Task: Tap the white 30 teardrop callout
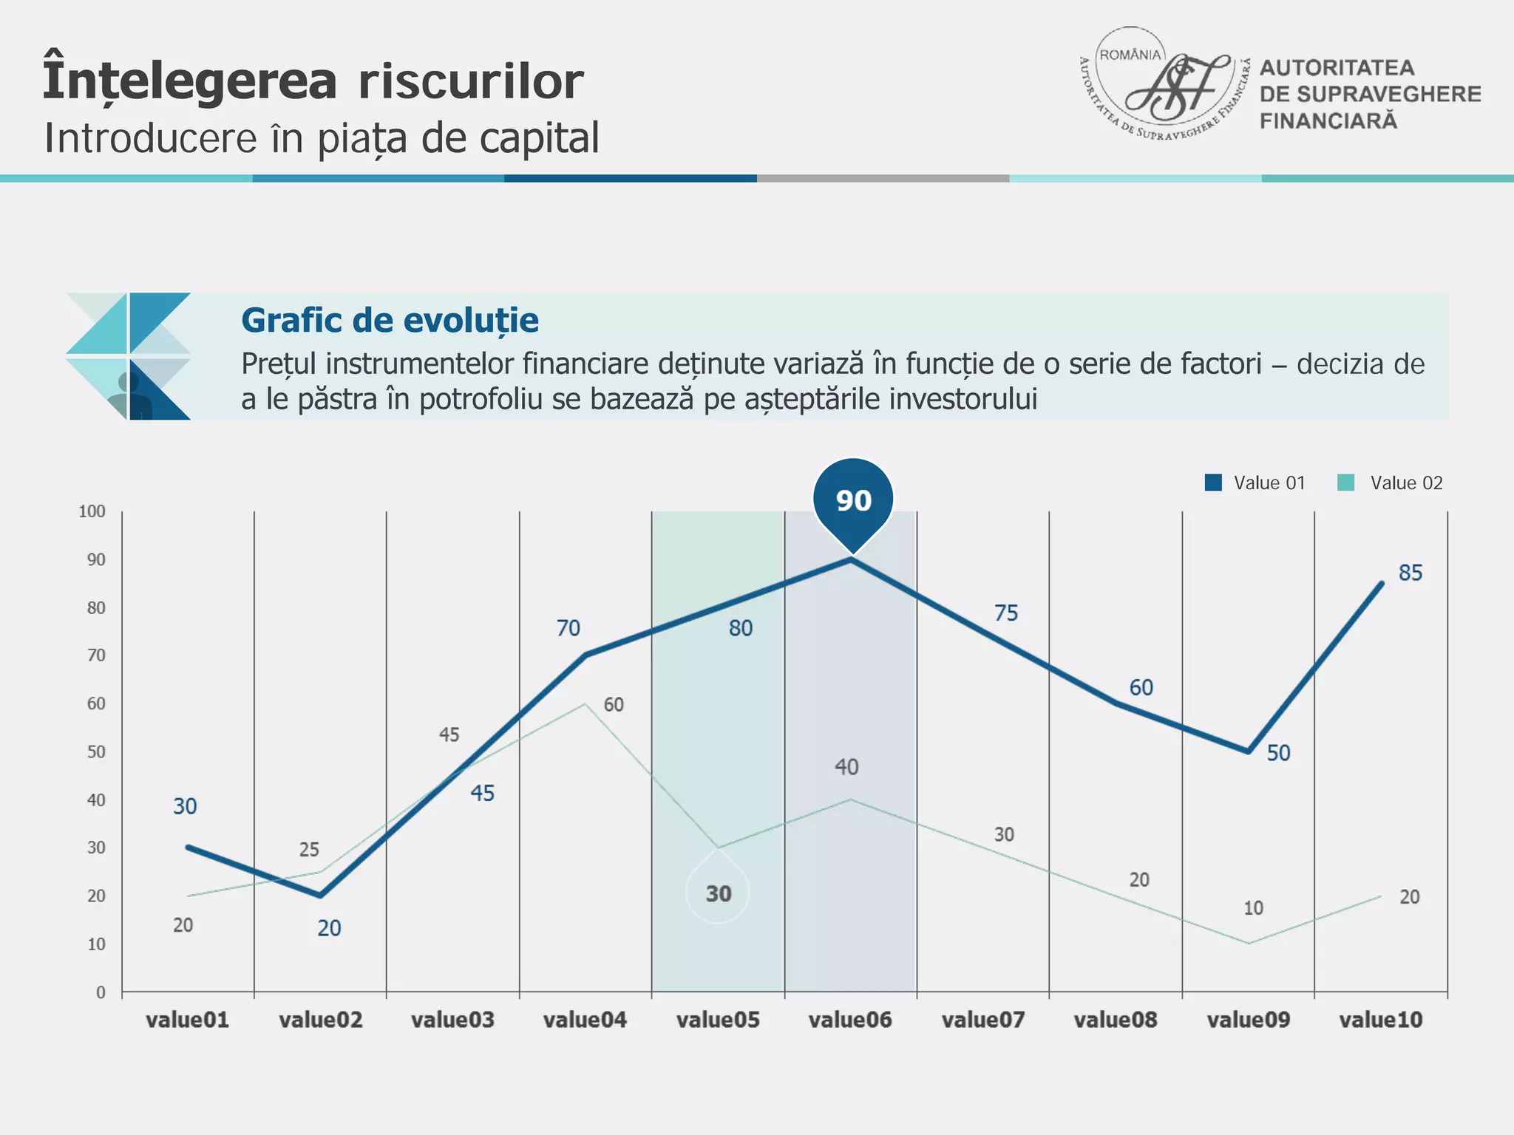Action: pos(718,893)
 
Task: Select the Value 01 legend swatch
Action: pos(1213,483)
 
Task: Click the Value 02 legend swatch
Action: pos(1346,483)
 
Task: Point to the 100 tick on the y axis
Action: pos(92,511)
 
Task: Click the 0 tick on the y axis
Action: pos(101,992)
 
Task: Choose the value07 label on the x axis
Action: pos(983,1020)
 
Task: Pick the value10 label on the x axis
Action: pos(1381,1020)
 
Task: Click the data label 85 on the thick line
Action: pos(1411,573)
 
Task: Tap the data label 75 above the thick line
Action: pos(1006,613)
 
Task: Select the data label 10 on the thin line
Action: pos(1253,908)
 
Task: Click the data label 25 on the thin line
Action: pos(309,850)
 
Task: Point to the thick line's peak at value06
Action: pos(851,560)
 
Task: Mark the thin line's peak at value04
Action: pos(585,703)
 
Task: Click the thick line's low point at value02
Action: pos(320,896)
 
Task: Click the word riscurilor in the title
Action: pos(471,81)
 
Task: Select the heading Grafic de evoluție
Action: pos(390,321)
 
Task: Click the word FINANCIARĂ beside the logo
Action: pos(1328,121)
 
